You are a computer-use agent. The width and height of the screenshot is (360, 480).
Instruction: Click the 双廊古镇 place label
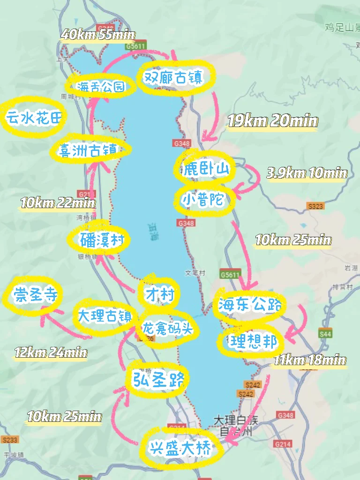click(176, 78)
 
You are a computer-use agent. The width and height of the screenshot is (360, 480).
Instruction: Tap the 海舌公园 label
click(101, 86)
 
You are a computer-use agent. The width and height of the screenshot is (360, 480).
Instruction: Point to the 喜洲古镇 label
click(88, 150)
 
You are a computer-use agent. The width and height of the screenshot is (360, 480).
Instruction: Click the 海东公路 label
click(250, 305)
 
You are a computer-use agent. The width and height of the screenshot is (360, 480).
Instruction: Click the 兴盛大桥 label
click(180, 449)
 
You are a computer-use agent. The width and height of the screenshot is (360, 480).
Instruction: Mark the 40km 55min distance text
click(98, 35)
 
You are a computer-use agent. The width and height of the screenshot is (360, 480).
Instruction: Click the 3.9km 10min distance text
click(307, 173)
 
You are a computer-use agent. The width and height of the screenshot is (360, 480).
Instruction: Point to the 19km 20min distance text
click(272, 121)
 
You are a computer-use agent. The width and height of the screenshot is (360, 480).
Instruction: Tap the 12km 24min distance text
click(51, 352)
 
